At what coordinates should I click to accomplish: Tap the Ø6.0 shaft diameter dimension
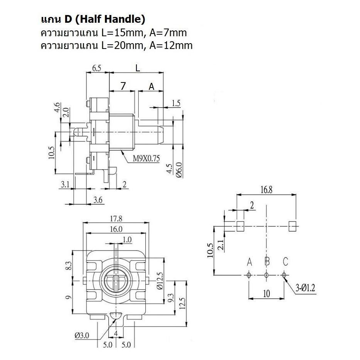coord(180,170)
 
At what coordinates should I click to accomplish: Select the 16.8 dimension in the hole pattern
coord(266,189)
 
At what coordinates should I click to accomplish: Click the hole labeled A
coord(249,275)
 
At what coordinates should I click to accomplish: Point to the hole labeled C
coord(284,275)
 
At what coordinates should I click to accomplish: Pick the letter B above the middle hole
coord(267,262)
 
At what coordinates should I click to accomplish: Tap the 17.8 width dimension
coord(116,219)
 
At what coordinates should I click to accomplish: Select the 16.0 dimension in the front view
coord(116,229)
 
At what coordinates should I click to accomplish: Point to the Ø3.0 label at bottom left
coord(81,336)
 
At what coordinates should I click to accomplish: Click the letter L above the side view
coord(137,67)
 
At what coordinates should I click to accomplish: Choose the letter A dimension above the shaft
coord(151,87)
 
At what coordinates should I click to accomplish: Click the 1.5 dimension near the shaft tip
coord(176,103)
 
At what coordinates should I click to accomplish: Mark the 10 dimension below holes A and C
coord(266,293)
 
